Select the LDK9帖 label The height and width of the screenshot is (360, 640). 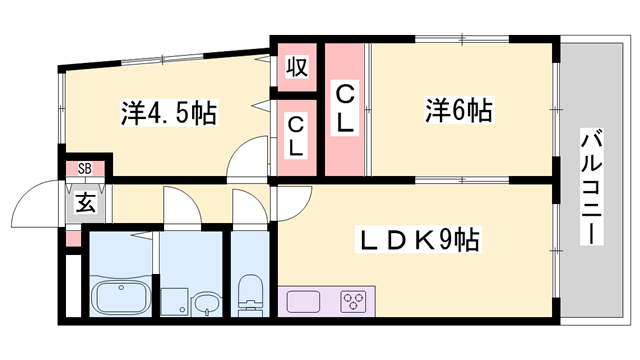coord(418,240)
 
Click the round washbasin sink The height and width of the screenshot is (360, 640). coord(206,303)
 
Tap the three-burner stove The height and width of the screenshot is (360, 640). coord(354,300)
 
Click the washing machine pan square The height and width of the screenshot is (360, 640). coord(176,298)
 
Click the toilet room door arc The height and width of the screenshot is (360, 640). coord(246,205)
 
